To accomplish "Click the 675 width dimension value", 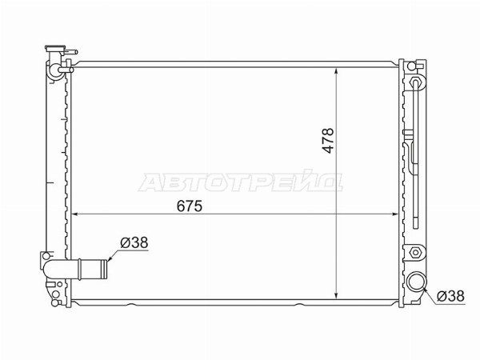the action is [190, 206].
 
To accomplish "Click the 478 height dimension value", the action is [328, 141].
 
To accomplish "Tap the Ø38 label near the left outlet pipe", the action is [134, 242].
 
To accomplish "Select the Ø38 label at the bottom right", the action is [450, 296].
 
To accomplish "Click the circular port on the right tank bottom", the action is [415, 281].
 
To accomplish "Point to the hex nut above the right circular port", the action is [415, 253].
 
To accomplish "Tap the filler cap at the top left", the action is [55, 48].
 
